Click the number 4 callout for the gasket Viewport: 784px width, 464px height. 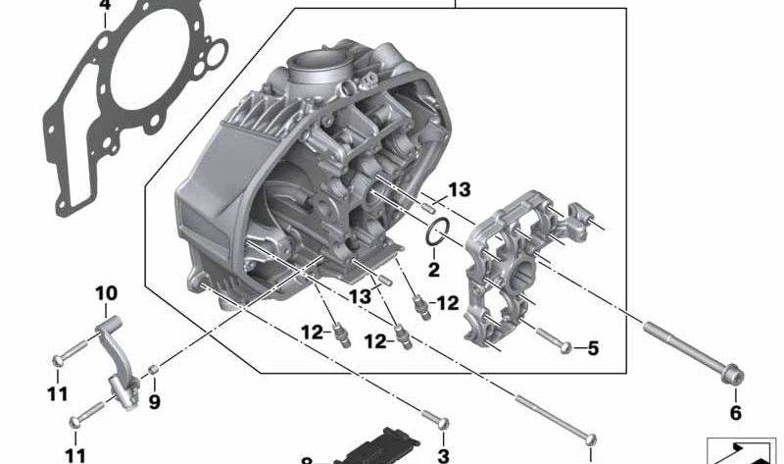point(106,8)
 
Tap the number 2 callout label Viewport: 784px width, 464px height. point(434,270)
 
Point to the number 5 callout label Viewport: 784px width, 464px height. point(592,349)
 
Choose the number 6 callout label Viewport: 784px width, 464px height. point(735,412)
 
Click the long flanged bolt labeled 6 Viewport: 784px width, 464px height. point(686,349)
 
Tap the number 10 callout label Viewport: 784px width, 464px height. point(106,292)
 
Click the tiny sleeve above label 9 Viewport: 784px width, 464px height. point(154,370)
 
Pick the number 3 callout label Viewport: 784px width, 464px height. point(443,456)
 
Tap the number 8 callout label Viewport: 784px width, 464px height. point(306,460)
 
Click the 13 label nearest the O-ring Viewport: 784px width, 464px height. point(460,189)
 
